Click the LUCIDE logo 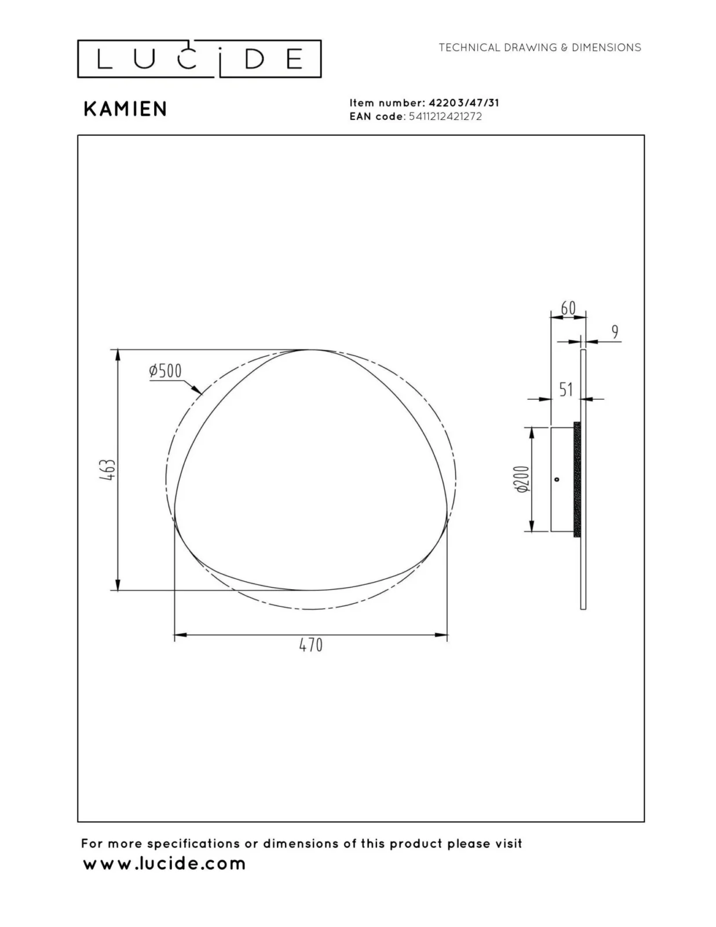[x=199, y=59]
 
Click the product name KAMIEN [x=125, y=109]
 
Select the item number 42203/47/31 [x=463, y=103]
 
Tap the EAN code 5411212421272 [x=445, y=116]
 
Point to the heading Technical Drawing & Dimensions [x=540, y=48]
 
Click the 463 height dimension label [x=108, y=470]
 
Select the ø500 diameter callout [x=166, y=371]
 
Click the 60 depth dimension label [x=568, y=308]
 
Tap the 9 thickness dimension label [x=615, y=331]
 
